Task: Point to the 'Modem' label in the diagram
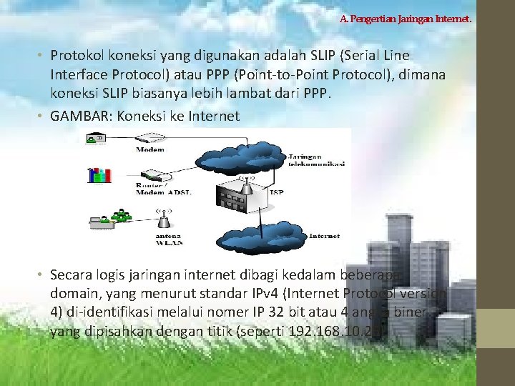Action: point(149,149)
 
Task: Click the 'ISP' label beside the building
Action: point(278,192)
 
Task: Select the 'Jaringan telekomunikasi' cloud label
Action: point(317,159)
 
